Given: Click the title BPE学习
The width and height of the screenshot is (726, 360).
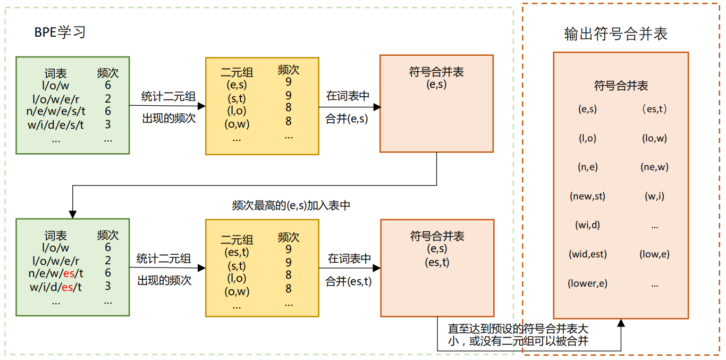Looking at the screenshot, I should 60,32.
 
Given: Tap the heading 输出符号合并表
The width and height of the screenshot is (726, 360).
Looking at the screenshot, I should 615,34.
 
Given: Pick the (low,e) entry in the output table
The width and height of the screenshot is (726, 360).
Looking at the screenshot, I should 654,254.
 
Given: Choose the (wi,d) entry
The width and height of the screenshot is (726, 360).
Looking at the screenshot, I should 587,225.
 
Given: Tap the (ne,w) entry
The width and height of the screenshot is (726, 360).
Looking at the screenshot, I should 654,167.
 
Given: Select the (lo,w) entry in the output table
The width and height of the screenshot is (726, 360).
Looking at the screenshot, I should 654,138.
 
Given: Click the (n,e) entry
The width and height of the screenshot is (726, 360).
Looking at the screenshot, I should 587,167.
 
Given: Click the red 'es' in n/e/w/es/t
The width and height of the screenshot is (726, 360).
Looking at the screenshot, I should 69,273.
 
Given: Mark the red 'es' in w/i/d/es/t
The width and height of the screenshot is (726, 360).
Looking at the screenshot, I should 67,287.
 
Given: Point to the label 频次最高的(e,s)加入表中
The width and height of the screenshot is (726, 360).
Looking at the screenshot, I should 291,206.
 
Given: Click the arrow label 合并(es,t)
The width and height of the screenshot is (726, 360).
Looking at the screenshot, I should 348,281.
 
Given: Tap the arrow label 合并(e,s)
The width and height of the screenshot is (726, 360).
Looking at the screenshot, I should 347,119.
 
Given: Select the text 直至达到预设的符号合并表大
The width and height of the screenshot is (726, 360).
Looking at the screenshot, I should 518,329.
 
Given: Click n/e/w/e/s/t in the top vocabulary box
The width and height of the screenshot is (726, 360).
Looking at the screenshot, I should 56,111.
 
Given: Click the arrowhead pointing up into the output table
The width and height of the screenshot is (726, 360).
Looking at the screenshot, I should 621,323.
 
